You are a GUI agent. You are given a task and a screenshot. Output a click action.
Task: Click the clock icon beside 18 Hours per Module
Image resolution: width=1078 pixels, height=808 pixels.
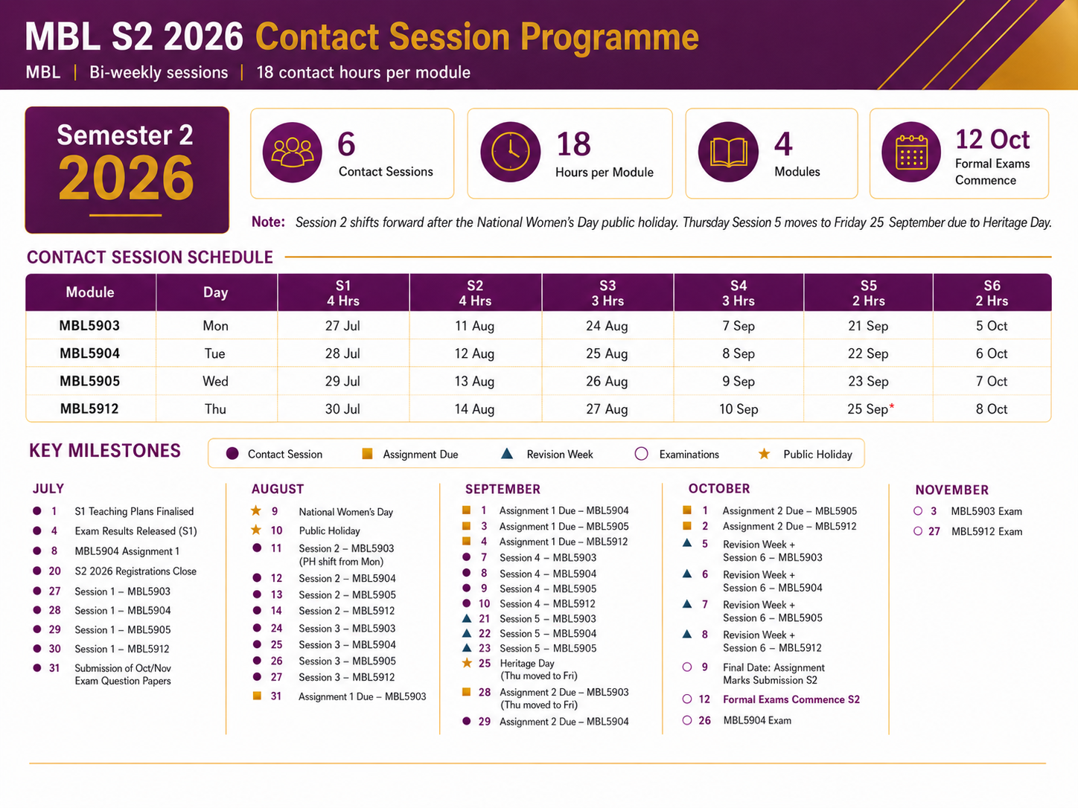510,152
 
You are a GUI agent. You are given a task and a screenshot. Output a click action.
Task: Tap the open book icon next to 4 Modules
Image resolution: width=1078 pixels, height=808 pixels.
728,152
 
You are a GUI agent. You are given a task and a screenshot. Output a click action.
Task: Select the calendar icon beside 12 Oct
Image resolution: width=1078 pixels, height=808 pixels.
911,152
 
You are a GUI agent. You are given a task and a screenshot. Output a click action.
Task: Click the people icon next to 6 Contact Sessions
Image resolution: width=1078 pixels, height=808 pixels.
293,152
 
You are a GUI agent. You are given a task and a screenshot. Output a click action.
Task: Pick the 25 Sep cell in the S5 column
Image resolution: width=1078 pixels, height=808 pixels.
868,409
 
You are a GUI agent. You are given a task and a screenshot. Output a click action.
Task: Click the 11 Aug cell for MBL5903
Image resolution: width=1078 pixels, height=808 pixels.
474,326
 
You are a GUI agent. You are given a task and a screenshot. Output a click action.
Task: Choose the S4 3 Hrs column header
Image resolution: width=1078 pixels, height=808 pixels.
739,293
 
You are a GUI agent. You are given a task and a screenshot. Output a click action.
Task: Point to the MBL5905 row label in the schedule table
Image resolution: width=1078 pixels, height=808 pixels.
90,381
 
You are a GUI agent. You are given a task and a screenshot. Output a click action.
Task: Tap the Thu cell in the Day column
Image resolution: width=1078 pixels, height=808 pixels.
215,409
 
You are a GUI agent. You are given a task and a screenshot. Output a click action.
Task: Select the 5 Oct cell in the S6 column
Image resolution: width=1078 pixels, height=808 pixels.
991,326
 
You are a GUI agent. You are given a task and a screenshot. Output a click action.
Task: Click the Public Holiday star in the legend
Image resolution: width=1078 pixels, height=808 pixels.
764,454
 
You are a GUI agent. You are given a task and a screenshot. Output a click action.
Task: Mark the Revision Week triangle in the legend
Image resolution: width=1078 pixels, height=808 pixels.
507,453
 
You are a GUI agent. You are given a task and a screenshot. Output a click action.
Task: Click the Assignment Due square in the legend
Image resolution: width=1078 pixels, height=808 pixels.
367,454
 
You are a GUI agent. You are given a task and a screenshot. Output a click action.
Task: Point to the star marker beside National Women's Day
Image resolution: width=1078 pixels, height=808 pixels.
256,511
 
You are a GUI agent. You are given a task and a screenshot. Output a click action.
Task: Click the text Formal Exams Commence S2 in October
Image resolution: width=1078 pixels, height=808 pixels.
791,699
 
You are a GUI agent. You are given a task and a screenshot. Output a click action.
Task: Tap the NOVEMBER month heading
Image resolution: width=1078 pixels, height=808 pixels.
951,490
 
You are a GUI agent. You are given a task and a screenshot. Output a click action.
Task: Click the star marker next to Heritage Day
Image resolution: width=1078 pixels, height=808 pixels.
467,663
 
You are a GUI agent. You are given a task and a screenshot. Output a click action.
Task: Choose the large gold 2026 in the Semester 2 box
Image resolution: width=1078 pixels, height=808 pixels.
127,178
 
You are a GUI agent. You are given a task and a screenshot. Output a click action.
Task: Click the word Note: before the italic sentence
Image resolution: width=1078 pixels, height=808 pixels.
268,222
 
